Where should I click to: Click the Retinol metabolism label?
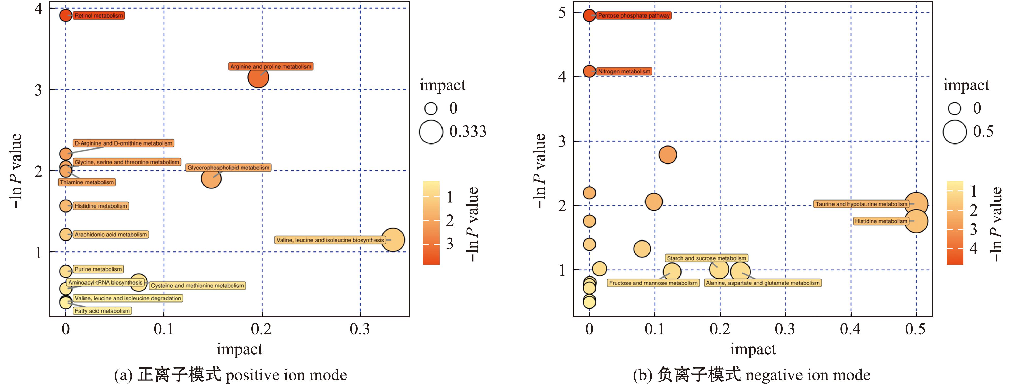point(98,16)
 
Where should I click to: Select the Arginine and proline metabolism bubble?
point(258,78)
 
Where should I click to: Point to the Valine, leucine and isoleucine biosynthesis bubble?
point(393,240)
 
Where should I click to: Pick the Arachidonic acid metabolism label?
point(111,235)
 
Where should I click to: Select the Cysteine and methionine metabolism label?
point(197,286)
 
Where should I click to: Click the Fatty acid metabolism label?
point(102,311)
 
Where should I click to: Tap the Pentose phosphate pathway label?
point(634,16)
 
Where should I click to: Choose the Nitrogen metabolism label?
point(624,72)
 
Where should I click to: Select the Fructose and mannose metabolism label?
point(653,283)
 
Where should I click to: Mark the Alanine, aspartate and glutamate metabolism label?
point(763,283)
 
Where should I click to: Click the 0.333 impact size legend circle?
point(431,132)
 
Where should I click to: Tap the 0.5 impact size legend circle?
point(955,132)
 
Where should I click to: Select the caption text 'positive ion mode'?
point(286,375)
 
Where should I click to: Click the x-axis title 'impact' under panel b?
point(753,349)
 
